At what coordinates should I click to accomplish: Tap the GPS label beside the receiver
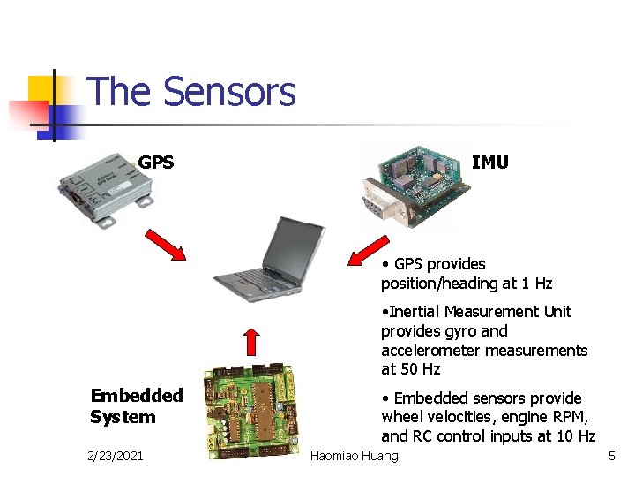pyautogui.click(x=156, y=163)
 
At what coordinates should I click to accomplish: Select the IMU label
pyautogui.click(x=489, y=163)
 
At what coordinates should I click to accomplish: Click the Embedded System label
pyautogui.click(x=136, y=406)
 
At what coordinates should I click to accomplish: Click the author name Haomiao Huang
pyautogui.click(x=355, y=456)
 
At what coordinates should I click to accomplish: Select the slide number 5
pyautogui.click(x=610, y=456)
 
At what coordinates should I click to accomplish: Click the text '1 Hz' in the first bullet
pyautogui.click(x=535, y=284)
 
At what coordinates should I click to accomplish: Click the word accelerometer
pyautogui.click(x=428, y=351)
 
